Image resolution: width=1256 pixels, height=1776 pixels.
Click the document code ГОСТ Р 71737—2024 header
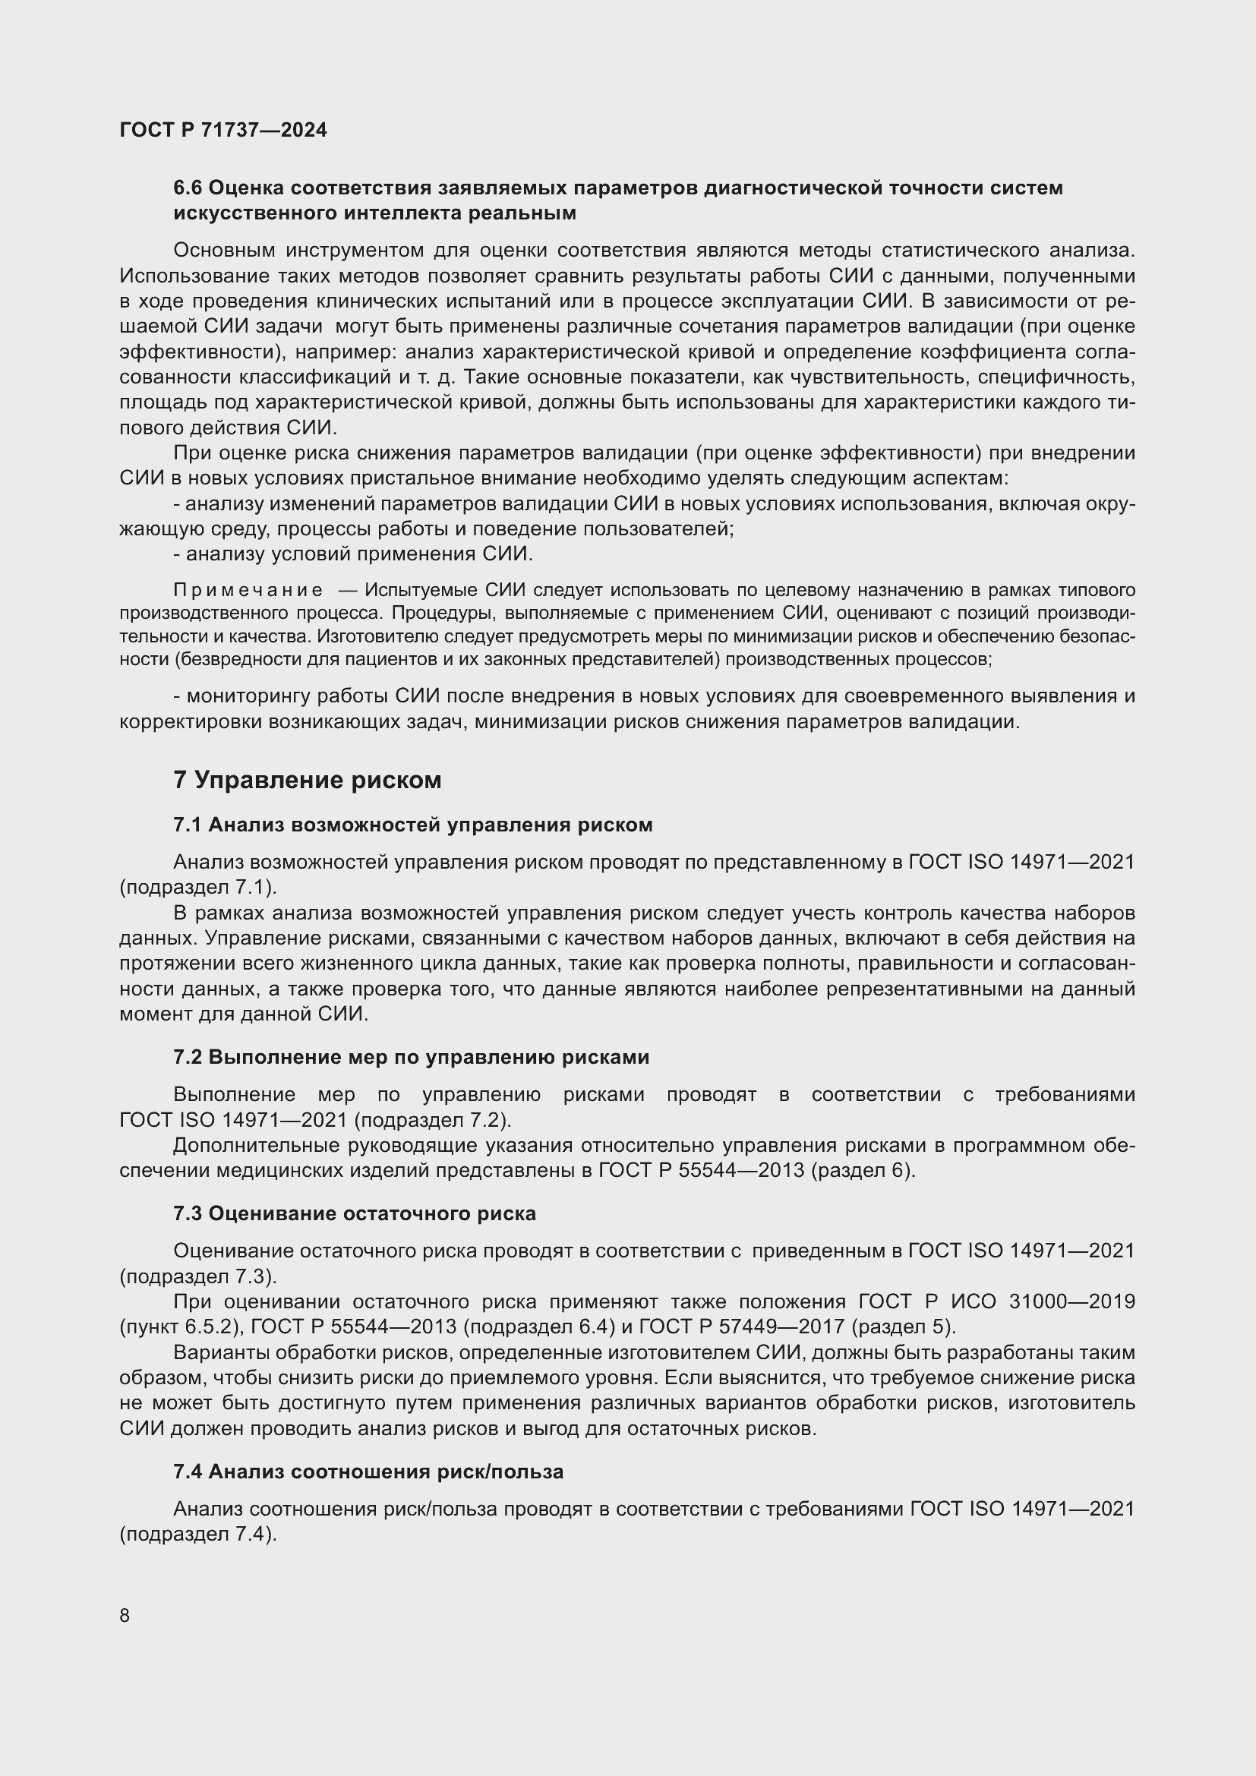pyautogui.click(x=223, y=130)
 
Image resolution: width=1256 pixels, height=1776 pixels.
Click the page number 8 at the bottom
pyautogui.click(x=125, y=1616)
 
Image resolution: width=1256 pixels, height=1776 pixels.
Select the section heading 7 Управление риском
pyautogui.click(x=307, y=781)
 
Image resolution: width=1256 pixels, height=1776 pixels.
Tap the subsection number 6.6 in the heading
pyautogui.click(x=187, y=188)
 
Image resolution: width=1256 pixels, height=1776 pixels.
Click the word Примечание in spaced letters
pyautogui.click(x=248, y=591)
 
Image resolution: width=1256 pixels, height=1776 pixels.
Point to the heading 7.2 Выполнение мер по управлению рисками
pyautogui.click(x=411, y=1058)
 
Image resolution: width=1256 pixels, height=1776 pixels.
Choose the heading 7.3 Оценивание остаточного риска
pyautogui.click(x=354, y=1213)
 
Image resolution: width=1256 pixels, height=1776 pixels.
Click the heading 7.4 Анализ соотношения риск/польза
pyautogui.click(x=368, y=1472)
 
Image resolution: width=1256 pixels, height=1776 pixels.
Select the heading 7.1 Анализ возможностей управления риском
pyautogui.click(x=413, y=825)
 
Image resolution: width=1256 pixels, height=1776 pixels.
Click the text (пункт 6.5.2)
pyautogui.click(x=181, y=1327)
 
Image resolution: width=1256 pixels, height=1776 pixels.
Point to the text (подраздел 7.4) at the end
pyautogui.click(x=198, y=1535)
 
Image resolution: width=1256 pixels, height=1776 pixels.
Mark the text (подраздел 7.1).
pyautogui.click(x=198, y=887)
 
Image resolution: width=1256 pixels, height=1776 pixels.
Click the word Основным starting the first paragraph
pyautogui.click(x=224, y=251)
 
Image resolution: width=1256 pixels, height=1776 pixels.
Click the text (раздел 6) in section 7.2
pyautogui.click(x=863, y=1171)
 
